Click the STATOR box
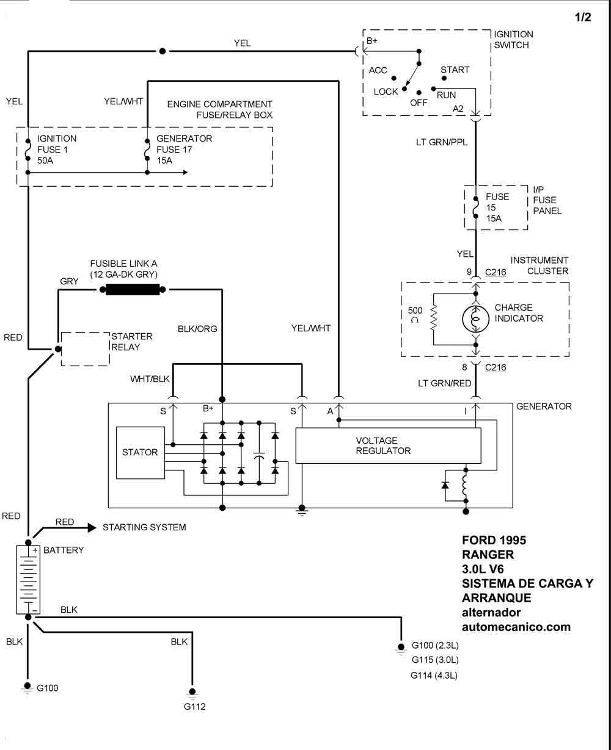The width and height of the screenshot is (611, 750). (x=140, y=452)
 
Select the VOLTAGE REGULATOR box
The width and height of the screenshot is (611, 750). (x=388, y=445)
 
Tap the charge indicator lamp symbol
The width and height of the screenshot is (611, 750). (x=475, y=318)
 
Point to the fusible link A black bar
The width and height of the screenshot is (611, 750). (x=132, y=290)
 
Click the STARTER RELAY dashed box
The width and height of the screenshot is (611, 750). (x=85, y=349)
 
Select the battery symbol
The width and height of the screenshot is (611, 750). (x=27, y=579)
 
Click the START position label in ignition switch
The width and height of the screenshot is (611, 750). (x=455, y=70)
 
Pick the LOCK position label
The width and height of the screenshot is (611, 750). (x=386, y=92)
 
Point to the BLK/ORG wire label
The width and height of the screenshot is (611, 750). (x=197, y=328)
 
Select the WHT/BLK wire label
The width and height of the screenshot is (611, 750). (x=150, y=379)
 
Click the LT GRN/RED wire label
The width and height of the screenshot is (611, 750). (x=444, y=383)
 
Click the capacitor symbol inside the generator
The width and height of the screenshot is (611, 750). (x=259, y=456)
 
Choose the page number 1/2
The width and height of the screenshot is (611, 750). (x=583, y=18)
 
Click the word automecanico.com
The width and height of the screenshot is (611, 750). (x=516, y=627)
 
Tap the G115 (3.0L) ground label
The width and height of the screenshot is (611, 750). (x=435, y=660)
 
